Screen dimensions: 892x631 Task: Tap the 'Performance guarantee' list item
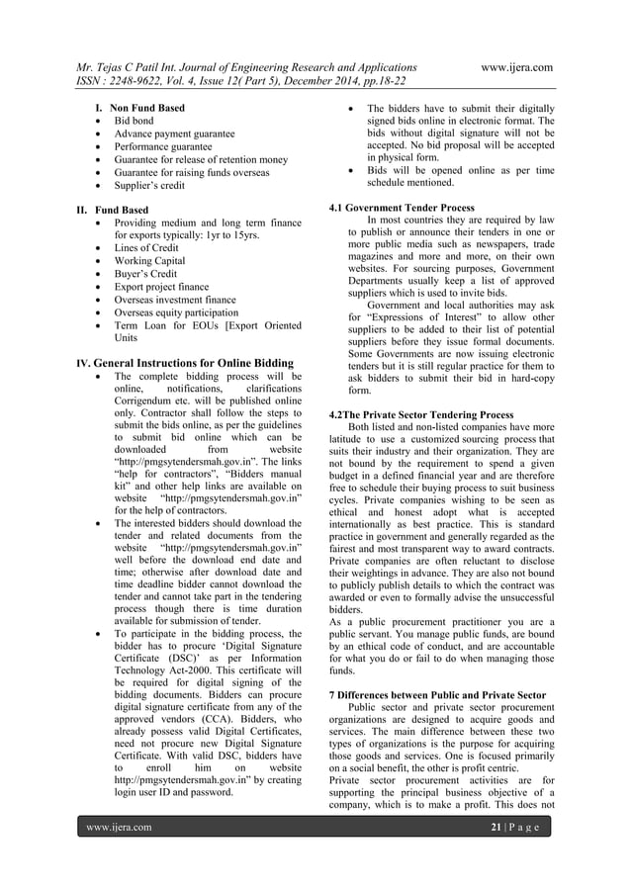click(163, 146)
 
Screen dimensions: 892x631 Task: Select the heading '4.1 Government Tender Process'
click(402, 209)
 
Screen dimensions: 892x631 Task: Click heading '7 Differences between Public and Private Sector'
click(436, 696)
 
